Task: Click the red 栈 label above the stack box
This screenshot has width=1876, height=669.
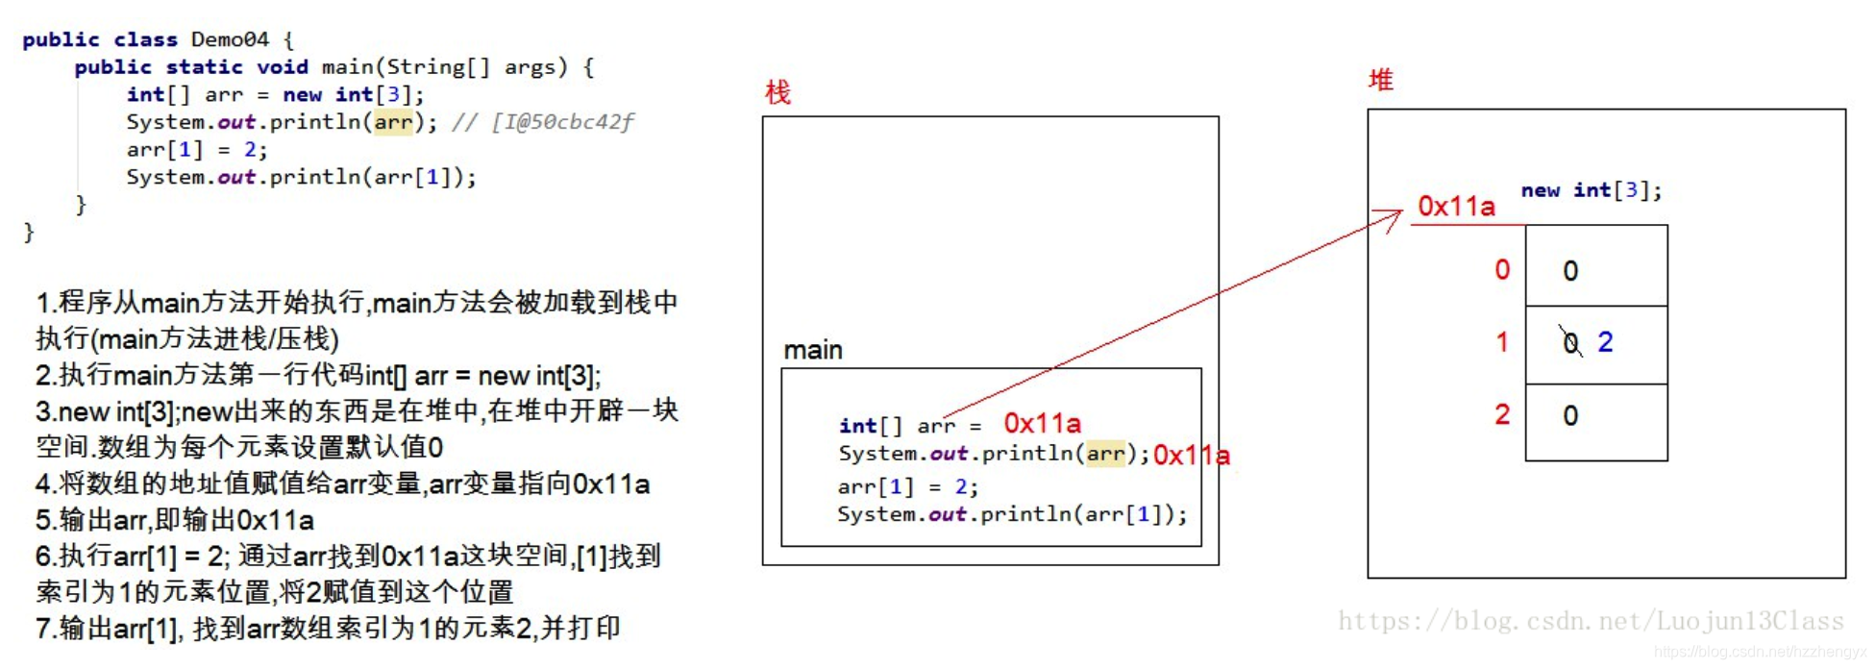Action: (778, 92)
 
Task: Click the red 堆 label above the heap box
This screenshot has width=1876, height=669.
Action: (1380, 80)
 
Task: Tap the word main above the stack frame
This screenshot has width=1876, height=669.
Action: (812, 350)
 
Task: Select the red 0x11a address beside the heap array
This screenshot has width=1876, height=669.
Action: (1456, 207)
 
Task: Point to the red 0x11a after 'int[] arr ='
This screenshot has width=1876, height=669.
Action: (1042, 423)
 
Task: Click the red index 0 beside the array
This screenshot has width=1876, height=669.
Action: (1502, 270)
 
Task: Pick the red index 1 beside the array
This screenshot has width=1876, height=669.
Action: (1502, 342)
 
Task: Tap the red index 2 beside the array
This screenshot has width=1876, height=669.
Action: (1502, 414)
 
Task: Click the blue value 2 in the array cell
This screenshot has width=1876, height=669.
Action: (1605, 342)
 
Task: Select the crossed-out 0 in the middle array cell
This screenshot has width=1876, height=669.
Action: (1570, 342)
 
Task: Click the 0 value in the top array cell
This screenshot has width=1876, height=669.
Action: (1570, 271)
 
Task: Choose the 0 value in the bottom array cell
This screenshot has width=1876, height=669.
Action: (1570, 415)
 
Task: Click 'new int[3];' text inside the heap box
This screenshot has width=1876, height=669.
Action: (1591, 190)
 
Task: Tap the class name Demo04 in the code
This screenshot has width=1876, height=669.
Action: (230, 39)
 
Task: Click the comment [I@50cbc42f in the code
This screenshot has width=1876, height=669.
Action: (562, 122)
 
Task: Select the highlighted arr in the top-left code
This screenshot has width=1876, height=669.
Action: (393, 122)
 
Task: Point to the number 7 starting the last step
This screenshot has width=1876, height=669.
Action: (43, 629)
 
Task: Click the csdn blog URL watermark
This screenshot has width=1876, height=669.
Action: (1591, 621)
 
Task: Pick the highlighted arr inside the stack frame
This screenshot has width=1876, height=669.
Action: (1105, 453)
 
